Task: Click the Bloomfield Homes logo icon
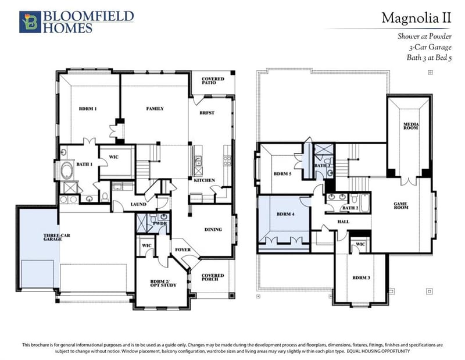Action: [30, 22]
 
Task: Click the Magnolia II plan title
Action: [416, 18]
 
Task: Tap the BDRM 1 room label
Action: [88, 109]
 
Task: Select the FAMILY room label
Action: [155, 109]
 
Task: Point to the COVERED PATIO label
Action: [213, 80]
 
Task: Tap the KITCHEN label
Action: [205, 180]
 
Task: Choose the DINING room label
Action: [213, 229]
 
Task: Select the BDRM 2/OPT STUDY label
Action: [163, 283]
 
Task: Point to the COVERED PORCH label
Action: [213, 277]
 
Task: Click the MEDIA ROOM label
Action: [411, 126]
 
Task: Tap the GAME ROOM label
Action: [400, 206]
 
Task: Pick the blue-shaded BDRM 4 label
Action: [285, 214]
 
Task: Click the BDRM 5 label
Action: [282, 174]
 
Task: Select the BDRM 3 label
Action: [361, 278]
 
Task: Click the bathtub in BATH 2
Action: [364, 203]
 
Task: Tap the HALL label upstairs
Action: [344, 222]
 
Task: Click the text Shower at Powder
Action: [424, 37]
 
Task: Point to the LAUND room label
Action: [138, 204]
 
